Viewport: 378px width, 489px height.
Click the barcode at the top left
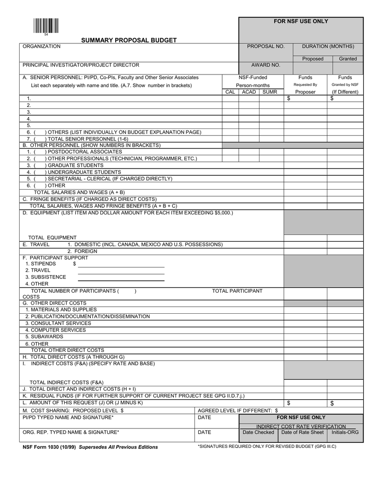(x=45, y=25)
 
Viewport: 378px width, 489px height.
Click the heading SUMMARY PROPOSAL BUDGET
(x=129, y=40)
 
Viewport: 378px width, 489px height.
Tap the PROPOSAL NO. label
(x=265, y=46)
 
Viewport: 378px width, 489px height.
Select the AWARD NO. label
(x=265, y=65)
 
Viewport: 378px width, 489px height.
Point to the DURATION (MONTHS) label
(x=328, y=46)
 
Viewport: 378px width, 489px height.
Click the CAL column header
(x=230, y=92)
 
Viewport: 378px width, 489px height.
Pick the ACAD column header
(x=248, y=92)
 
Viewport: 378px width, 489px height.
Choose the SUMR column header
(x=270, y=92)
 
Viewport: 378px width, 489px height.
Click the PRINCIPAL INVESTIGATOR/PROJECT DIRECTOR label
(x=81, y=64)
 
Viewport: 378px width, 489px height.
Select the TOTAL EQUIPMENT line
(x=52, y=237)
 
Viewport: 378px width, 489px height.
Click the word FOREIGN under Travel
(x=86, y=251)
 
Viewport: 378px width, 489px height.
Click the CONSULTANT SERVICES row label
(x=58, y=323)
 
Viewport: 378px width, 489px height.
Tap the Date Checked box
(x=258, y=432)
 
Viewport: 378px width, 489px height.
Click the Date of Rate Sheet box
(x=302, y=432)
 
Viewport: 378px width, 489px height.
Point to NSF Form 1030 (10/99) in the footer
(x=50, y=447)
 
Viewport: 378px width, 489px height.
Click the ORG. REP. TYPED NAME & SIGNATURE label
(x=71, y=432)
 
